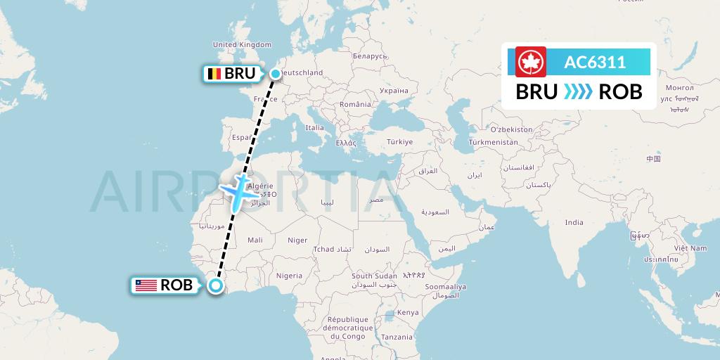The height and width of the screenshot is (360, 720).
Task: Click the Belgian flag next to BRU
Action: pyautogui.click(x=213, y=74)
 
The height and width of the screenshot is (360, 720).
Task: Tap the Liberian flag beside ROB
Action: pyautogui.click(x=146, y=285)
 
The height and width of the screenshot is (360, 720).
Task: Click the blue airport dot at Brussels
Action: pyautogui.click(x=275, y=73)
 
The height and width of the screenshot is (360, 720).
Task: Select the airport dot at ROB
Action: pyautogui.click(x=215, y=285)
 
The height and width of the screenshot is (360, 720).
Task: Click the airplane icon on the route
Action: pyautogui.click(x=236, y=189)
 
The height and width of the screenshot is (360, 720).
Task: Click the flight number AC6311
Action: pyautogui.click(x=595, y=63)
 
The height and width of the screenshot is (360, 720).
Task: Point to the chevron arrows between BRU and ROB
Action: pyautogui.click(x=578, y=92)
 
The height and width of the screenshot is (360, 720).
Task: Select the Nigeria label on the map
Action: pyautogui.click(x=289, y=276)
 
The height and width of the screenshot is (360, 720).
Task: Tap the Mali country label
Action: pyautogui.click(x=255, y=240)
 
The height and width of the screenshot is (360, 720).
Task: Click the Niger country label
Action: pyautogui.click(x=297, y=240)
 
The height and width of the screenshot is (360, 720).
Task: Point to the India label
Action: pyautogui.click(x=574, y=222)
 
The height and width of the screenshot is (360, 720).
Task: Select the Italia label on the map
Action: pyautogui.click(x=315, y=127)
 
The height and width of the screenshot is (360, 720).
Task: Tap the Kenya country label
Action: pyautogui.click(x=408, y=312)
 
